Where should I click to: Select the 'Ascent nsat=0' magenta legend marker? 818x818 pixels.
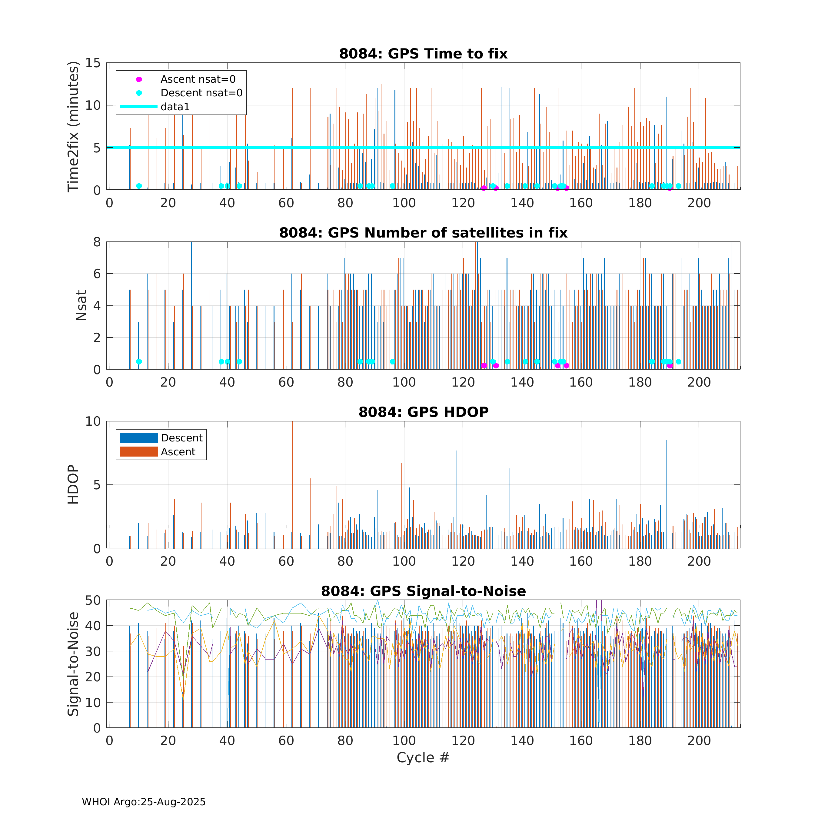[x=139, y=79]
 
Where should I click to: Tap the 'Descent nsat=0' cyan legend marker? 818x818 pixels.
[x=139, y=93]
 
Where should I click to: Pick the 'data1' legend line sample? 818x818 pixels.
[x=138, y=107]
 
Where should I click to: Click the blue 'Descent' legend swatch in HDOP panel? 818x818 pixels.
[x=138, y=438]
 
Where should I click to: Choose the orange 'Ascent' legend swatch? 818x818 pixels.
[x=138, y=452]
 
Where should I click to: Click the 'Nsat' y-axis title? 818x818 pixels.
[x=81, y=305]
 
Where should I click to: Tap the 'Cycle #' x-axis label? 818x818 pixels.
[x=423, y=757]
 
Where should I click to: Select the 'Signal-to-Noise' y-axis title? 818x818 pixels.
[x=73, y=664]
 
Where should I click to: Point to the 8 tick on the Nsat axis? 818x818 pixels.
[x=97, y=242]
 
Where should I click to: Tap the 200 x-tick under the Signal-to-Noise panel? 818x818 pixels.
[x=699, y=740]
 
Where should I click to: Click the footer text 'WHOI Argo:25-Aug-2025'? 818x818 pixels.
[x=144, y=802]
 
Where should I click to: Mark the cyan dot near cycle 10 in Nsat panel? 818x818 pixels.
[x=139, y=361]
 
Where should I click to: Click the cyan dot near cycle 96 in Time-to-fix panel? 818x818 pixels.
[x=392, y=186]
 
